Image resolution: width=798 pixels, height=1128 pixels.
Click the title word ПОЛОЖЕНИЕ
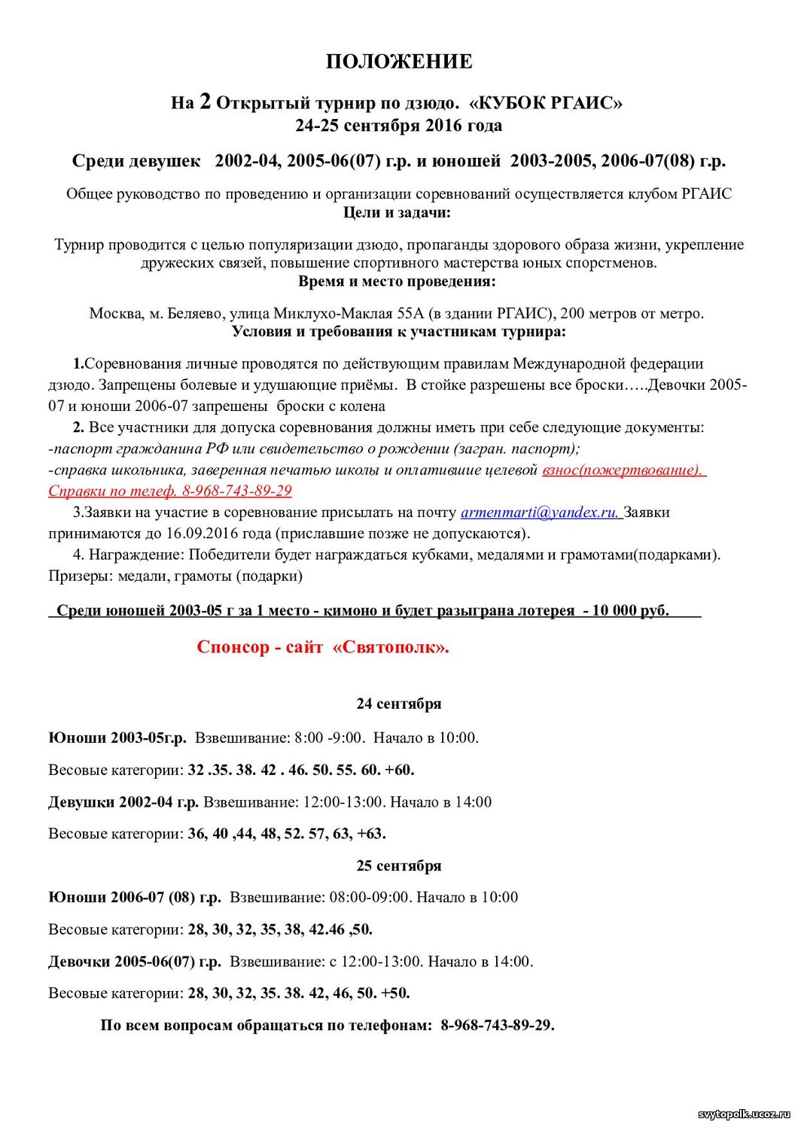398,62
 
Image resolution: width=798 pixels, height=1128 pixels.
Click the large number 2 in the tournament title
205,102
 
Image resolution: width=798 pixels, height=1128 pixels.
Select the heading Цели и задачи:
397,212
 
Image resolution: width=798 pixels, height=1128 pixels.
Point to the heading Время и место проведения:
397,281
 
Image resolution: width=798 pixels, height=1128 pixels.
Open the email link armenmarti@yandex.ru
540,512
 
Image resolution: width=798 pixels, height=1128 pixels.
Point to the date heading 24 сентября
398,704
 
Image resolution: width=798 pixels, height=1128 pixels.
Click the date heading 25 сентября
398,865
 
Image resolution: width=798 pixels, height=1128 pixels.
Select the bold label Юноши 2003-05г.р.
117,737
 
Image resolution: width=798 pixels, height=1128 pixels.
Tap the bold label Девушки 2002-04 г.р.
123,802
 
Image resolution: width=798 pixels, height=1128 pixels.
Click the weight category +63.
371,834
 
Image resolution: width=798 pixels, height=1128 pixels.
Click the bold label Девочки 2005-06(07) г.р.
135,962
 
